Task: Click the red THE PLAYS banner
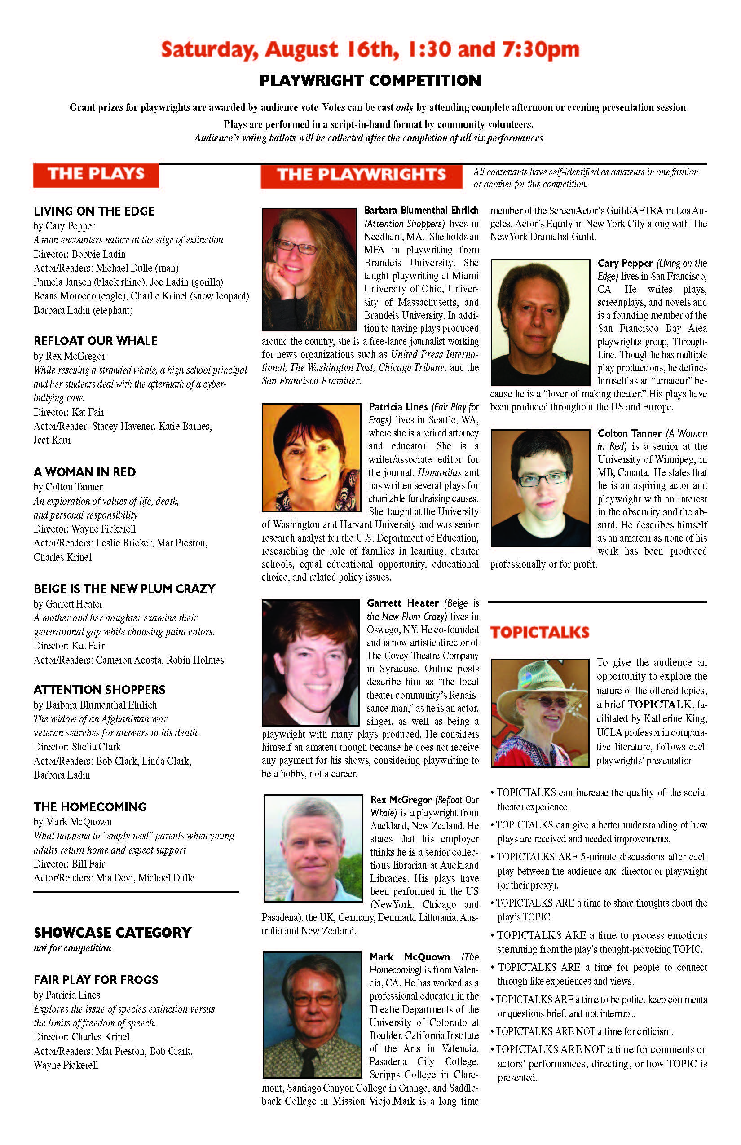96,175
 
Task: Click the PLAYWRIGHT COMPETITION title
370,81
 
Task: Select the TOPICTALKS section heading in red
539,632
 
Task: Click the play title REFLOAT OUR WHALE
95,341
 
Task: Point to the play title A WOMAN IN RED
85,472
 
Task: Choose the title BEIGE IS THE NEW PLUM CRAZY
124,589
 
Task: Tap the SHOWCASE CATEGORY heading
113,933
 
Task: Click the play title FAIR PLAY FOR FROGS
96,980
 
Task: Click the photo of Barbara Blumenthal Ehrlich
309,269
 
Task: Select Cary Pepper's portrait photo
540,322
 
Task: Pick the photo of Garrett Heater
310,662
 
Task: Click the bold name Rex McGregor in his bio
401,800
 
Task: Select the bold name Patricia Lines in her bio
398,407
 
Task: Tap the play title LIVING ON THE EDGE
94,211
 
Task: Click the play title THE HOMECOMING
90,807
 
